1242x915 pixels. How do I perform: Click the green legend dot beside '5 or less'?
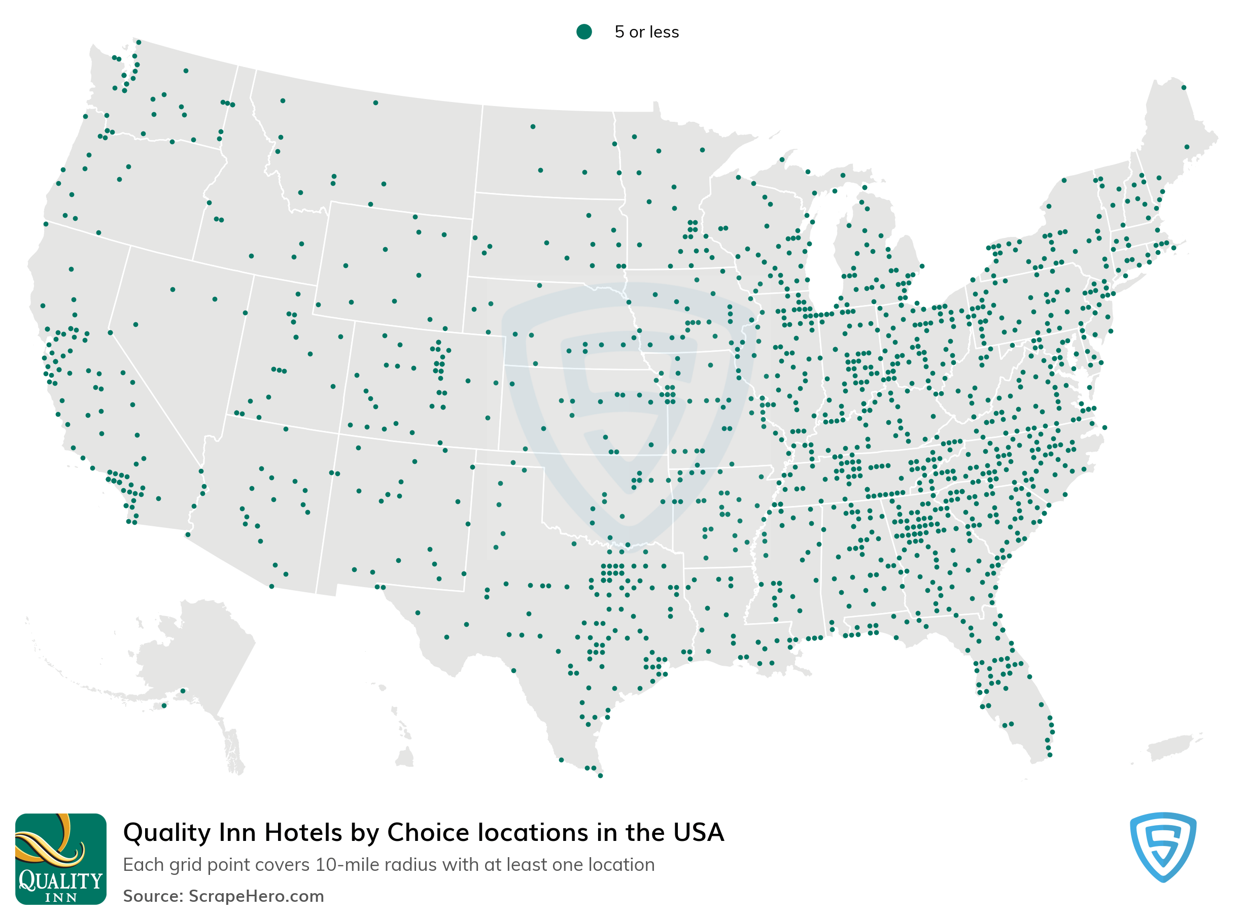coord(583,31)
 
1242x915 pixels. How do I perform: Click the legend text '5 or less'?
coord(646,32)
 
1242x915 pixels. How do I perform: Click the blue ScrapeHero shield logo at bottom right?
coord(1162,846)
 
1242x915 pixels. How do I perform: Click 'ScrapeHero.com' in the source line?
coord(256,896)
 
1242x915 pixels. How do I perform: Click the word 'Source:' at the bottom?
coord(153,896)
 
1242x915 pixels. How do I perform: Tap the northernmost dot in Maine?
coord(1183,87)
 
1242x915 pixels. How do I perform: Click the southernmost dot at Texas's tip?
coord(600,775)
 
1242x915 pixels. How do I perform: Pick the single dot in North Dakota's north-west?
coord(533,127)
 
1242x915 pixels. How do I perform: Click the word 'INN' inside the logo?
coord(61,897)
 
